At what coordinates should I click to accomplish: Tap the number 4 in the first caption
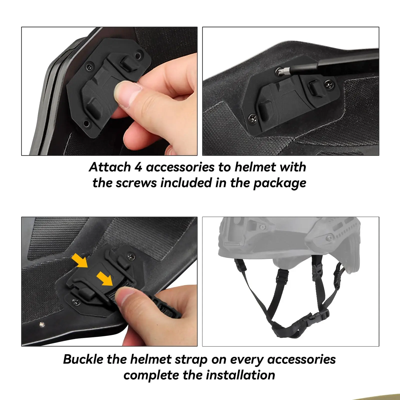138,167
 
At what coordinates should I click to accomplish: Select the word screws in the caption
136,183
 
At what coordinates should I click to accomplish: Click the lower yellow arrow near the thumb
105,278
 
